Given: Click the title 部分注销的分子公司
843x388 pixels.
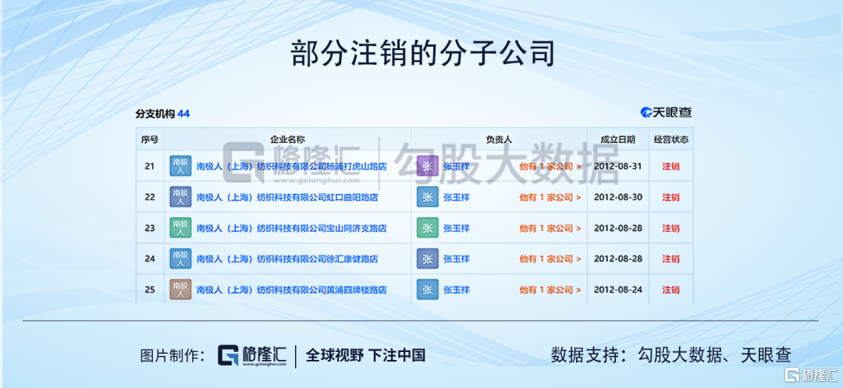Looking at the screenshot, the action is coord(422,53).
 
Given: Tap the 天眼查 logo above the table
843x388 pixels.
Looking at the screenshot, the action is coord(666,112).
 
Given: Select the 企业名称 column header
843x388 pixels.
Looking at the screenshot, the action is coord(287,139).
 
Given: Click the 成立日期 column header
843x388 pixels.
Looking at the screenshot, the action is coord(617,139).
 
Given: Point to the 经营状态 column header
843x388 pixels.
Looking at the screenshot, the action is coord(671,139).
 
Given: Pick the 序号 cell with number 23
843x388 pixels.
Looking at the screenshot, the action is coord(149,228).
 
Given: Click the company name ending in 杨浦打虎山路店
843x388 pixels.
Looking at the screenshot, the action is coord(291,166).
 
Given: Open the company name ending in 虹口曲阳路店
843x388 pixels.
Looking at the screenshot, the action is coord(287,198).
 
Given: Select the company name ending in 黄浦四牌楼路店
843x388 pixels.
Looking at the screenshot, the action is coord(291,290).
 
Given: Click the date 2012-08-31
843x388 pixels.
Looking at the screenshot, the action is coord(617,166).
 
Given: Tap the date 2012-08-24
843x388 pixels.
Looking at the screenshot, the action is coord(617,290).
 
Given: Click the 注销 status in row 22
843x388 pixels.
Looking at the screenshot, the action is coord(671,198).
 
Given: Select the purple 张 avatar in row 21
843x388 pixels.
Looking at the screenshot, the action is coord(428,166).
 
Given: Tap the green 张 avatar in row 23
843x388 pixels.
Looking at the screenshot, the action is coord(428,228).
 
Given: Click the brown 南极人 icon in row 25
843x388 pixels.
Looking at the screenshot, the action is coord(180,290).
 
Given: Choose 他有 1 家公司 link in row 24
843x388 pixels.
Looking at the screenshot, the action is coord(550,258).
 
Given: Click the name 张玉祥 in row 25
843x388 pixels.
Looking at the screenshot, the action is coord(457,290).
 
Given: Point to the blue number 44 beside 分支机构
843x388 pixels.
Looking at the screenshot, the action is coord(183,114).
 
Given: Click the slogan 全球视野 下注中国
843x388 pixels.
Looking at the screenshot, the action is coord(365,354).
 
